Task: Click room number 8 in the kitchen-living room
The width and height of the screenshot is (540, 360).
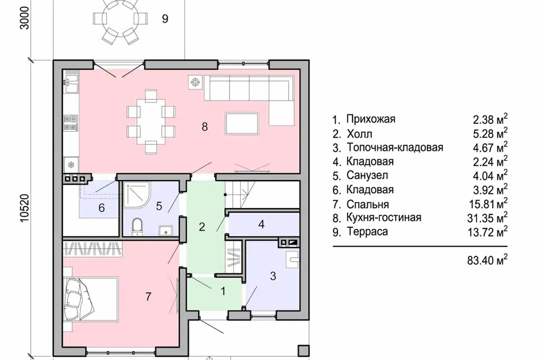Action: (205, 127)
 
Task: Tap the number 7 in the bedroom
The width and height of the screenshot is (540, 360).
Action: (148, 297)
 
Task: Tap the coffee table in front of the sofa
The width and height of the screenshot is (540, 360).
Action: (241, 123)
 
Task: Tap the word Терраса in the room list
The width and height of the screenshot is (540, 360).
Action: (367, 232)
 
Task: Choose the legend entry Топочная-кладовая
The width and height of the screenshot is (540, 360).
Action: (394, 148)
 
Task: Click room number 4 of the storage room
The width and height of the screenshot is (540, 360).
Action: (261, 224)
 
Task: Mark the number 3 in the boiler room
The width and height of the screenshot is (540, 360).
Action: (273, 276)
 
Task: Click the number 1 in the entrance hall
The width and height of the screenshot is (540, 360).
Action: (223, 291)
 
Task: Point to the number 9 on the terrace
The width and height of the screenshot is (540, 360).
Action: (165, 19)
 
